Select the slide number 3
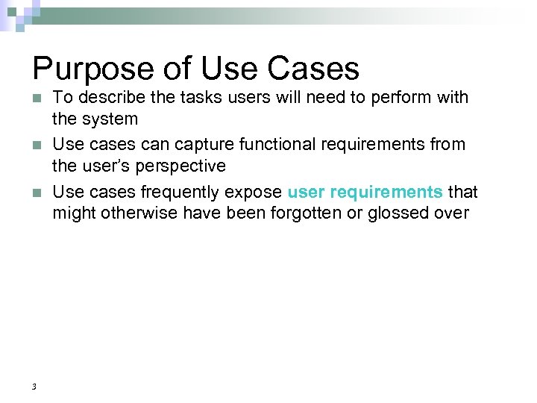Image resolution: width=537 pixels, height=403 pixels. click(x=34, y=386)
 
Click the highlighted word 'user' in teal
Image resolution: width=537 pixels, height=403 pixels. click(x=305, y=193)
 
